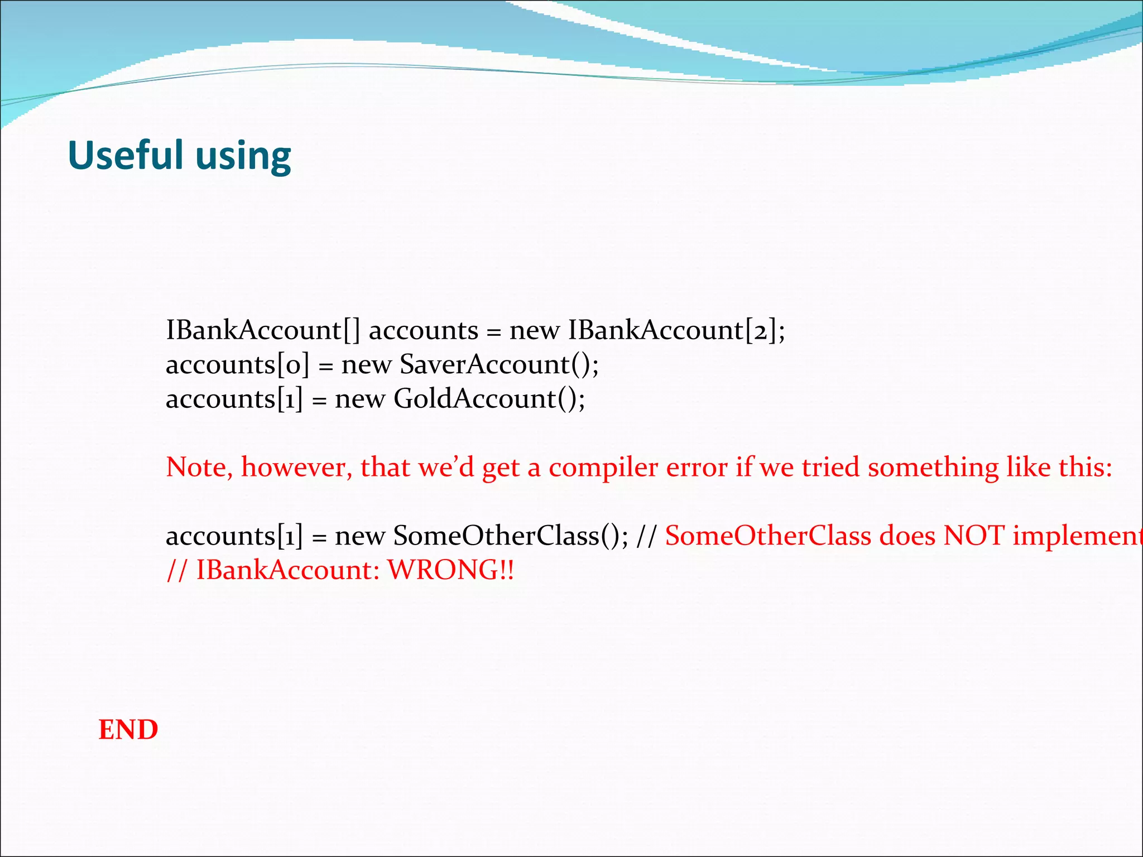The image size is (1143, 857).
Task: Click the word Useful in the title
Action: (125, 155)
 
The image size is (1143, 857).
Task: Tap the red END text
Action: (128, 730)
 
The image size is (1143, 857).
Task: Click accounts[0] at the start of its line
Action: (237, 365)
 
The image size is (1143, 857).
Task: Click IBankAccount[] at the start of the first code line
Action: (263, 330)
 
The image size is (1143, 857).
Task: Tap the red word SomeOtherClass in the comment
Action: (768, 536)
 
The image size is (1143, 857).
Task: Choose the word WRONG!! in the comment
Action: (451, 570)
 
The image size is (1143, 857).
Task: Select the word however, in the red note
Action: (296, 468)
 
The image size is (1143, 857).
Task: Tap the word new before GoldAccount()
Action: (360, 399)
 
